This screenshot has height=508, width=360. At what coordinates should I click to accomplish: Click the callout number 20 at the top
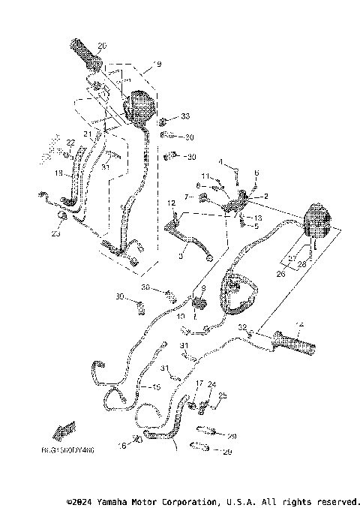[x=102, y=46]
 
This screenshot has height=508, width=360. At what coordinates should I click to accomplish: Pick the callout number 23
[x=55, y=233]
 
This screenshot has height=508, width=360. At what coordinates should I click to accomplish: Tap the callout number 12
[x=171, y=203]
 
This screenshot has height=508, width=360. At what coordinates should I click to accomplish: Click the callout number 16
[x=121, y=445]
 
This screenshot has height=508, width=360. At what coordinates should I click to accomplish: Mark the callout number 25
[x=223, y=395]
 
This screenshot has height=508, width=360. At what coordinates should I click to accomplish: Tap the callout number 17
[x=199, y=383]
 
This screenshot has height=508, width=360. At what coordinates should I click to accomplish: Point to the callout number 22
[x=71, y=143]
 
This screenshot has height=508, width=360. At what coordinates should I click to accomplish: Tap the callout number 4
[x=220, y=162]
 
